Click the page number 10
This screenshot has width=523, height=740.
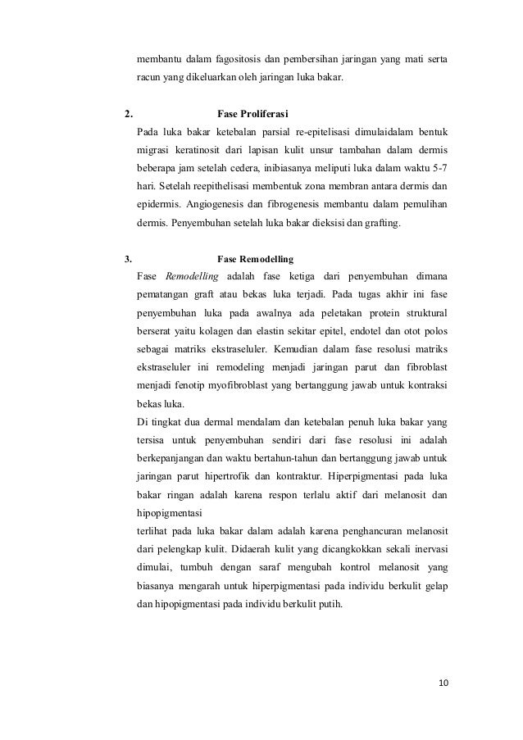[443, 683]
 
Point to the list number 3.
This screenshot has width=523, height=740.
[127, 258]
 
